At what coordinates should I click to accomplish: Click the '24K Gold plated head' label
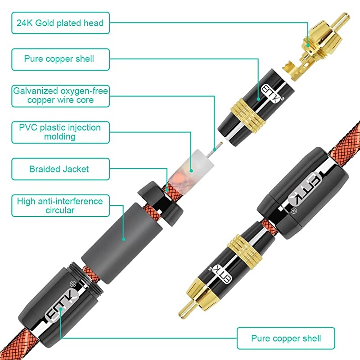(60, 23)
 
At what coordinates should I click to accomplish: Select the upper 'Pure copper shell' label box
(60, 59)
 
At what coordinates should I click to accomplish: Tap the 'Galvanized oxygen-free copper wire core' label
(60, 95)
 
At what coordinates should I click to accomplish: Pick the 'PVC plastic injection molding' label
(60, 131)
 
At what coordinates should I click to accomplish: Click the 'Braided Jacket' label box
(60, 169)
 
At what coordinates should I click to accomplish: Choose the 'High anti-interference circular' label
(60, 205)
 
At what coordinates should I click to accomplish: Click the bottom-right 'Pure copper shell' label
(286, 338)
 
